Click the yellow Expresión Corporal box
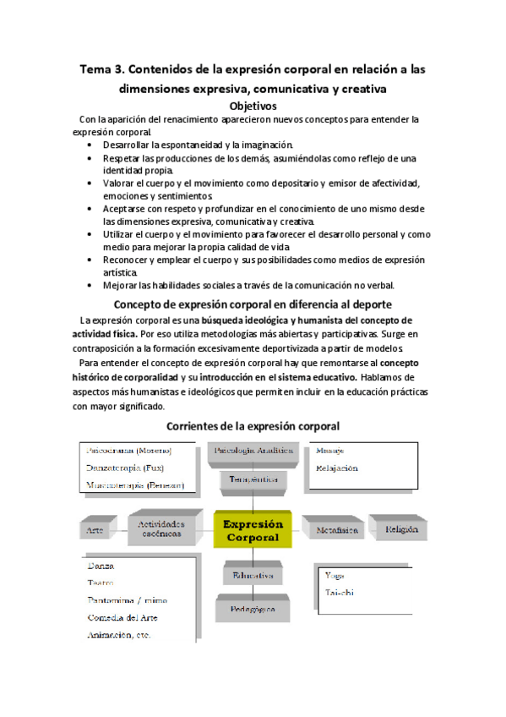click(252, 530)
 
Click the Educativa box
click(252, 576)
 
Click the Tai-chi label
click(339, 593)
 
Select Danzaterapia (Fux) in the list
click(126, 468)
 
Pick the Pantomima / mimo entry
click(127, 599)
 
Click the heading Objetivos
click(253, 107)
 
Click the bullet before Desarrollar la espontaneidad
click(91, 145)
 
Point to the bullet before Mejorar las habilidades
click(91, 285)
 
